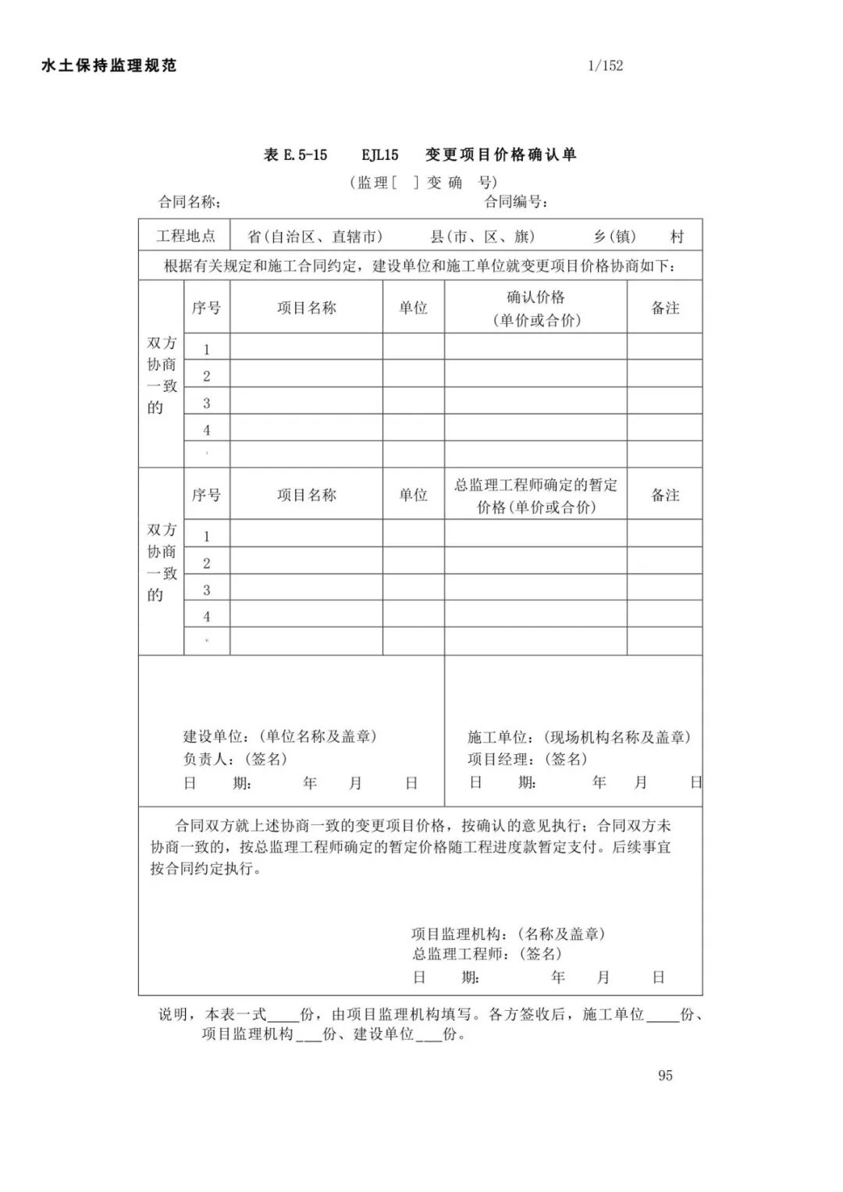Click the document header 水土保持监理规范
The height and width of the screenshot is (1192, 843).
click(x=108, y=66)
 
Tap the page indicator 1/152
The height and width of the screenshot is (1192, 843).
click(x=606, y=66)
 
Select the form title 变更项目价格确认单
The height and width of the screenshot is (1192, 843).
click(x=500, y=155)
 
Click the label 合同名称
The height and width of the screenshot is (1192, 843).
click(x=190, y=202)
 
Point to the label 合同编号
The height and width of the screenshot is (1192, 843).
click(x=515, y=202)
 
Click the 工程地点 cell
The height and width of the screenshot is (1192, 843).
click(x=185, y=236)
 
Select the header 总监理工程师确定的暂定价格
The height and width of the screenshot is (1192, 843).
click(x=535, y=495)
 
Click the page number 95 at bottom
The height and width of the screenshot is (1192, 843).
click(x=665, y=1075)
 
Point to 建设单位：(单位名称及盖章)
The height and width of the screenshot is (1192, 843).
click(x=280, y=736)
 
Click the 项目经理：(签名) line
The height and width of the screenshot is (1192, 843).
click(x=527, y=759)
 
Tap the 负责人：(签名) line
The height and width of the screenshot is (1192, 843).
click(x=235, y=759)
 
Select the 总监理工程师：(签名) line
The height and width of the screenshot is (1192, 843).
click(x=487, y=953)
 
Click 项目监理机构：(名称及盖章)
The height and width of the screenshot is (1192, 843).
click(x=508, y=934)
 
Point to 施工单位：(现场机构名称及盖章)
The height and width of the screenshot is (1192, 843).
click(x=579, y=736)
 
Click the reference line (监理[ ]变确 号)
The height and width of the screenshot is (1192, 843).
click(x=424, y=183)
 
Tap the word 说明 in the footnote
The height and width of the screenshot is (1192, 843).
click(x=173, y=1014)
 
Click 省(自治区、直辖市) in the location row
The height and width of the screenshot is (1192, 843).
click(x=315, y=237)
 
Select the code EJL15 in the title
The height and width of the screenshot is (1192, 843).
click(x=380, y=155)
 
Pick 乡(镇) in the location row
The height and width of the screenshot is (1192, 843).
click(x=614, y=237)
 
